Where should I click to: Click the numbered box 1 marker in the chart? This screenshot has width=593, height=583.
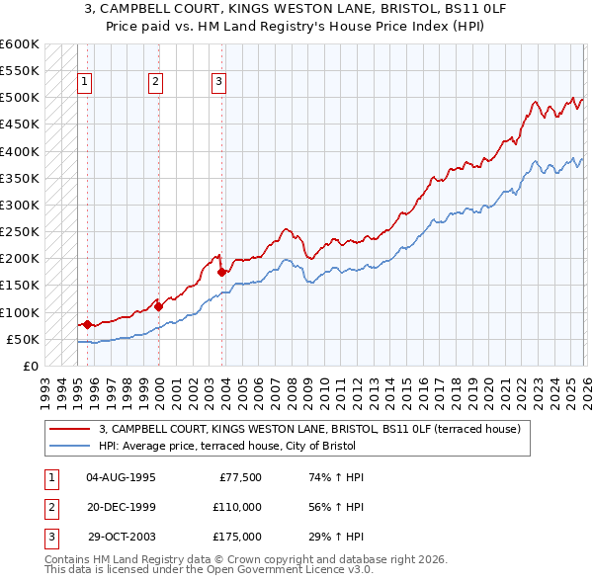tap(86, 83)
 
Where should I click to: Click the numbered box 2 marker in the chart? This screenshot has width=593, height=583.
tap(156, 83)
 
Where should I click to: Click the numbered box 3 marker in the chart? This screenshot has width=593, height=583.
tap(218, 83)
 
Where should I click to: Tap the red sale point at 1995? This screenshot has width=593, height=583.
tap(87, 324)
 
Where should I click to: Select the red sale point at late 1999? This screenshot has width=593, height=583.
tap(158, 306)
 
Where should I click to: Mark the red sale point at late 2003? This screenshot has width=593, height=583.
tap(221, 272)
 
